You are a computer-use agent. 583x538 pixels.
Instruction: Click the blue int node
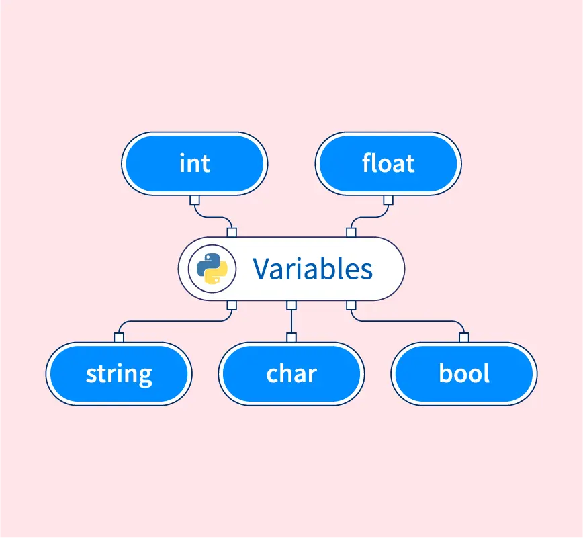(195, 164)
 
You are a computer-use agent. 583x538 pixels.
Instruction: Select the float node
(388, 164)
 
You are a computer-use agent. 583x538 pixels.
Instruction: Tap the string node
(119, 373)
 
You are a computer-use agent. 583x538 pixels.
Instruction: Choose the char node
(291, 373)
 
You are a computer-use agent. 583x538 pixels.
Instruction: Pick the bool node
(464, 373)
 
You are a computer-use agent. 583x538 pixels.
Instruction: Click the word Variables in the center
(313, 269)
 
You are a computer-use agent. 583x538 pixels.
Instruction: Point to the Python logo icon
(212, 269)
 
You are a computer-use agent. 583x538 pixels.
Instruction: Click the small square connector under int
(195, 200)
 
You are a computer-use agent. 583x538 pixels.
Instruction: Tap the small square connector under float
(388, 200)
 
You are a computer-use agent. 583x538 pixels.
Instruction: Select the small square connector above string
(119, 338)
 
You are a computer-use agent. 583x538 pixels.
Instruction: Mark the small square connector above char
(291, 338)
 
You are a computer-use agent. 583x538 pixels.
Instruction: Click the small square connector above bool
(464, 338)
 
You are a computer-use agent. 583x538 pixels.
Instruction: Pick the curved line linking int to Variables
(213, 217)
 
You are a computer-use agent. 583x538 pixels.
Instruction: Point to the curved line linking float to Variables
(369, 217)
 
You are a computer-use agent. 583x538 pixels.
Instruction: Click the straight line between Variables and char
(291, 322)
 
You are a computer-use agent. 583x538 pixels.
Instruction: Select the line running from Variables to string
(175, 321)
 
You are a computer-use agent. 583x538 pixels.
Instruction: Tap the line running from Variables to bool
(408, 321)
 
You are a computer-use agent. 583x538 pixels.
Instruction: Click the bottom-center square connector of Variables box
(291, 305)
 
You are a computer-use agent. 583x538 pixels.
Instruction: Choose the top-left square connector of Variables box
(232, 233)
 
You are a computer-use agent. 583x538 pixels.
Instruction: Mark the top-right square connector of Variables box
(351, 233)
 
